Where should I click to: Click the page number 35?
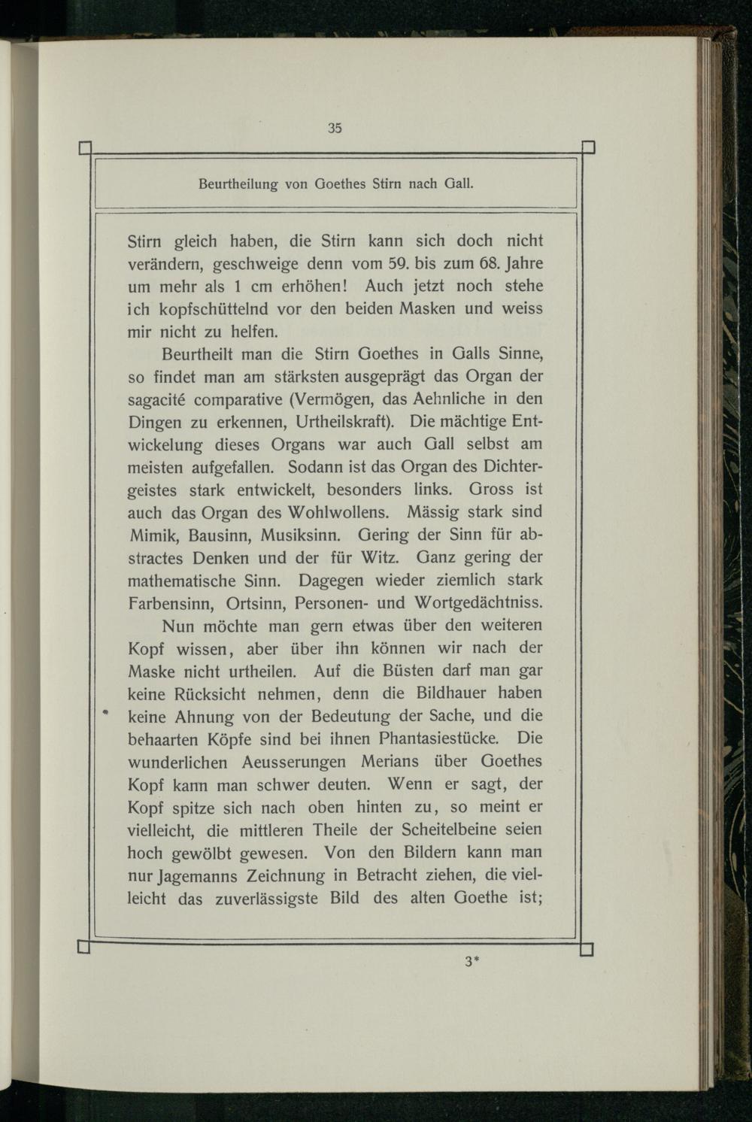pyautogui.click(x=335, y=128)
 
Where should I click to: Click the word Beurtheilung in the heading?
pyautogui.click(x=237, y=183)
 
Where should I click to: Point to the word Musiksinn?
pyautogui.click(x=302, y=535)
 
